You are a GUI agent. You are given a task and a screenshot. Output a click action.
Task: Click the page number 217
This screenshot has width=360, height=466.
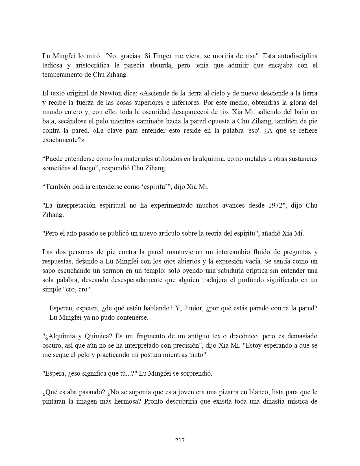point(180,440)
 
